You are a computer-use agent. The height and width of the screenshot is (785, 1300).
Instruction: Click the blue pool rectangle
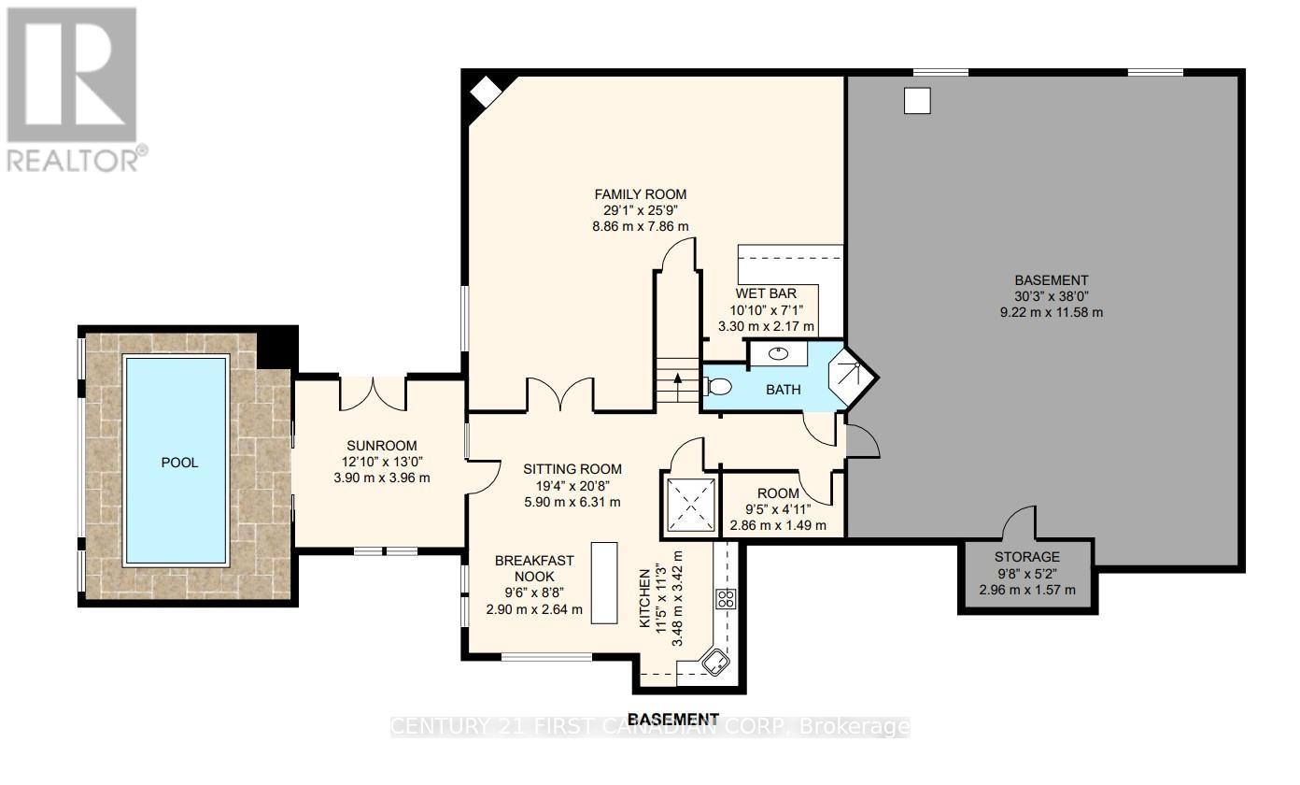[177, 462]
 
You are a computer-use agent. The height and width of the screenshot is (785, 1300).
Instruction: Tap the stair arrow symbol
[677, 378]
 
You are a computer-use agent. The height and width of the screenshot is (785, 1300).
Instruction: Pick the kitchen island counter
[604, 582]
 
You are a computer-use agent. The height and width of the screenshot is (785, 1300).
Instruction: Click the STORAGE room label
[1026, 557]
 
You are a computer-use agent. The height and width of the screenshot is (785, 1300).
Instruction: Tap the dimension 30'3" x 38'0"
[1051, 296]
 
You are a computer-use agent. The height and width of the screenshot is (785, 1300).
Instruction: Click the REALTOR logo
[74, 89]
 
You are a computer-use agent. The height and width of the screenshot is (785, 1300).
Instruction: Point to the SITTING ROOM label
[571, 469]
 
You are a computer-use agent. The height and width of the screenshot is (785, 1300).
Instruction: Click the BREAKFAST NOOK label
[533, 568]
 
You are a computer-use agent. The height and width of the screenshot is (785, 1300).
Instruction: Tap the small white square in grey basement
[917, 101]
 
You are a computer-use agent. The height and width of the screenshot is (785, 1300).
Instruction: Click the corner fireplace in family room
[486, 92]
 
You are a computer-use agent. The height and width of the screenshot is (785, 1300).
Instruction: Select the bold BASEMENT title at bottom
[673, 719]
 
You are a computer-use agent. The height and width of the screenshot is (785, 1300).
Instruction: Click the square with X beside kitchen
[691, 506]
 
